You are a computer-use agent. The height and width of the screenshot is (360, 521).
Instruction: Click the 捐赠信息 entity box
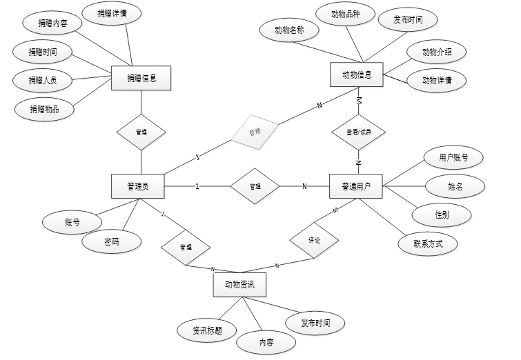[141, 78]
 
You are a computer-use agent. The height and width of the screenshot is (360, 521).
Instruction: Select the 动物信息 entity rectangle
[357, 75]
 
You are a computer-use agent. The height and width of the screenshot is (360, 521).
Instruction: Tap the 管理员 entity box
[141, 186]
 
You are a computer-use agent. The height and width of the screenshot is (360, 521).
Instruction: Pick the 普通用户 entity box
[357, 186]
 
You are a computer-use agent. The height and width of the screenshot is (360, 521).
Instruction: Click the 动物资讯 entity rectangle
[240, 284]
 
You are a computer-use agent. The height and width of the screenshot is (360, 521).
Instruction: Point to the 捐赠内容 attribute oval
[52, 23]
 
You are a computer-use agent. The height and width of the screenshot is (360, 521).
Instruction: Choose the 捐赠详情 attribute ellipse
[112, 13]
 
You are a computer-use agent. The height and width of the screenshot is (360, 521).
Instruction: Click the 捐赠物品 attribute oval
[43, 109]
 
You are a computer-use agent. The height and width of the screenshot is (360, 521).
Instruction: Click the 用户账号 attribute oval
[453, 157]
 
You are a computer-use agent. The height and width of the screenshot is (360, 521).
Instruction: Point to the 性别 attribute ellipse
[442, 215]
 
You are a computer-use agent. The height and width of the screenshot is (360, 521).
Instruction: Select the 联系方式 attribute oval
[428, 243]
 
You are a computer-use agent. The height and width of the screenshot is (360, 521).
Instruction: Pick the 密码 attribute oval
[112, 241]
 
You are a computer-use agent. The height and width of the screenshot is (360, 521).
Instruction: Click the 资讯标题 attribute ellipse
[207, 331]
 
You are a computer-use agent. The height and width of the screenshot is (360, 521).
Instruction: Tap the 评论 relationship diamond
[313, 240]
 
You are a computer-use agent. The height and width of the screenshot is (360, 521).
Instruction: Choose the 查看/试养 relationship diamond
[357, 132]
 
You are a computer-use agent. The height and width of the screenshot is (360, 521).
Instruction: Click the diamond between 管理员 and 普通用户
[255, 186]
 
